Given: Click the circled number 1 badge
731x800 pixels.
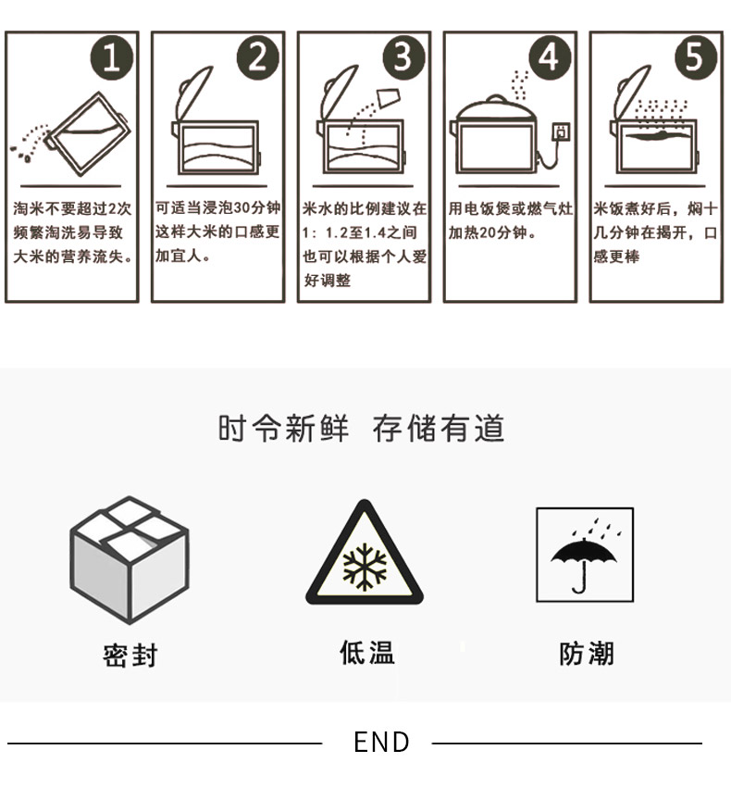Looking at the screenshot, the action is (112, 57).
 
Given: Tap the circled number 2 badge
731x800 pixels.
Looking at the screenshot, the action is (258, 57).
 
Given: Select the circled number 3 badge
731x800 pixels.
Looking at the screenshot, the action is (404, 57).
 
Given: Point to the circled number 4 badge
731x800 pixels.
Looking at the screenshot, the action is (550, 57).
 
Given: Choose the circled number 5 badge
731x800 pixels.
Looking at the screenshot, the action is (696, 57).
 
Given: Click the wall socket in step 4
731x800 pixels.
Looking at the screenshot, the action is (562, 131).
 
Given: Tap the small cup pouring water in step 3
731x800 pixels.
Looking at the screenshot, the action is (389, 97).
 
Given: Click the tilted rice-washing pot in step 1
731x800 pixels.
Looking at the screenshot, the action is (88, 134).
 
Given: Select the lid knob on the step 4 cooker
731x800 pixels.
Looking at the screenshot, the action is (497, 98).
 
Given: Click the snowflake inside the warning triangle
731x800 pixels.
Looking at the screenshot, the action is (365, 567).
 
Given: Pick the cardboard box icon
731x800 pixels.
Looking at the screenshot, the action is (130, 559).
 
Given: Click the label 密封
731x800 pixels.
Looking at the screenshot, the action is (130, 656).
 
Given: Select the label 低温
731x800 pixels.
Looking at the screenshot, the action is (367, 653).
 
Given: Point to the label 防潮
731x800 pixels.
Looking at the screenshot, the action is (587, 654).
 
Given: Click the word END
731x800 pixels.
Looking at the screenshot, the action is (381, 743).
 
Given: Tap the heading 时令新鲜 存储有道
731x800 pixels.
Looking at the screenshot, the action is (361, 428).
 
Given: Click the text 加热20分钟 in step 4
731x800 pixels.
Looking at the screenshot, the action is (487, 232).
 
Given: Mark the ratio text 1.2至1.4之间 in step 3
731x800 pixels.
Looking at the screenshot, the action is (371, 232).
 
